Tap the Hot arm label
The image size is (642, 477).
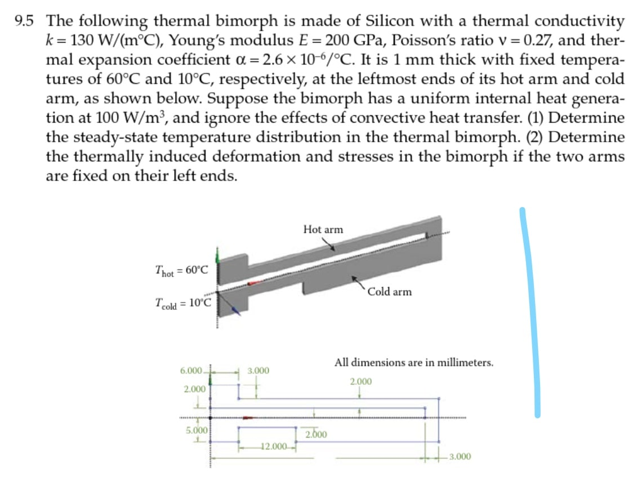point(322,229)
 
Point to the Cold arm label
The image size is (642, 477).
point(390,291)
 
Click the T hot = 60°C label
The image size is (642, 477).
point(181,271)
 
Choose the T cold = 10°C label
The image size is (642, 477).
point(184,304)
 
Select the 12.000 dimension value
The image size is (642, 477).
point(275,447)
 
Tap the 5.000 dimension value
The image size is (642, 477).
point(195,430)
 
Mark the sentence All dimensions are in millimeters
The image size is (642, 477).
point(414,362)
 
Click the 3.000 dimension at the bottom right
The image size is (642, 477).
point(460,457)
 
